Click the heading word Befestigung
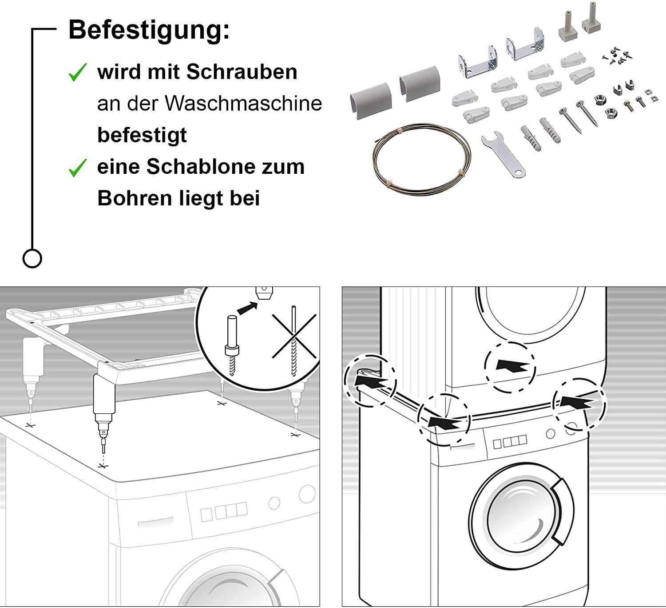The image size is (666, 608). click(149, 30)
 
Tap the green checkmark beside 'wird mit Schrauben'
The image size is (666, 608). click(78, 72)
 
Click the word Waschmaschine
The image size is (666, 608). click(243, 103)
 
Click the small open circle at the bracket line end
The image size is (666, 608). click(32, 258)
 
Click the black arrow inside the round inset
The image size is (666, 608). click(248, 308)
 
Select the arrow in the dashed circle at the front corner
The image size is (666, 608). click(444, 421)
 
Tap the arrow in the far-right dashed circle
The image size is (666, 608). click(576, 403)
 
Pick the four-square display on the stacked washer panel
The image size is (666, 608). click(509, 442)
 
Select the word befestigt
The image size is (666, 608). click(142, 135)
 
